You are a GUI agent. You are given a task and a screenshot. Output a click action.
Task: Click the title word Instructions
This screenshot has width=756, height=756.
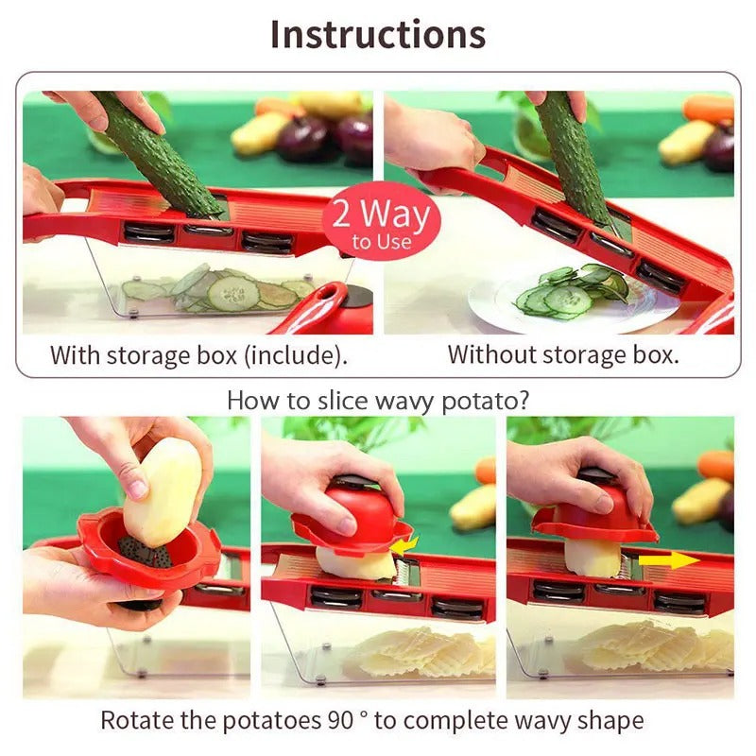coord(378,34)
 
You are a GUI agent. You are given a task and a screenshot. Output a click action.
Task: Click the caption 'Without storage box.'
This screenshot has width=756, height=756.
coord(562,355)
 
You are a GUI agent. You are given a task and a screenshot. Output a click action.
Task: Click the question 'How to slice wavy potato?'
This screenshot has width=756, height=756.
coord(378,400)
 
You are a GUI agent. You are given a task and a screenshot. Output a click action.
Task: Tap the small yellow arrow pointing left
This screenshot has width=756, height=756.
coord(405,545)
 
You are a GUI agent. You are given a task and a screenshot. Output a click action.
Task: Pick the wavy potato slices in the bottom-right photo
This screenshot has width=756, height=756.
coord(652,647)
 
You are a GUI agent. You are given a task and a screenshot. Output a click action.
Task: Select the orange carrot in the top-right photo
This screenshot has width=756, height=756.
coord(709,108)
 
